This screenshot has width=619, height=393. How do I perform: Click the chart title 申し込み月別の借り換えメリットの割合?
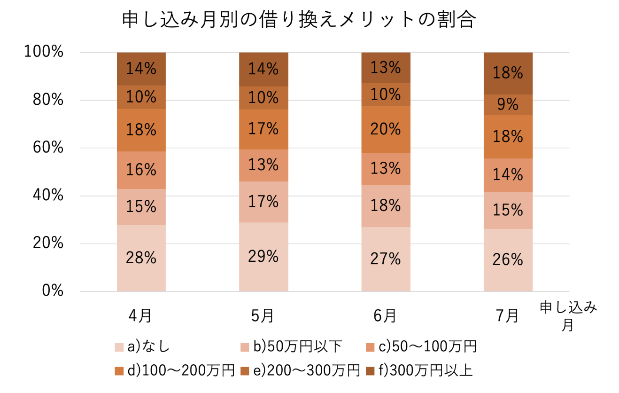(299, 20)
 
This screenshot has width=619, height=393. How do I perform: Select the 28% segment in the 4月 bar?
(141, 258)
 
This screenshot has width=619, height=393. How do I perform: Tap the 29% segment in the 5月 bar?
(263, 257)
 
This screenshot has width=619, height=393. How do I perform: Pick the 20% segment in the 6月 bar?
(386, 129)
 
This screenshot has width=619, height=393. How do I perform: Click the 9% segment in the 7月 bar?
(508, 104)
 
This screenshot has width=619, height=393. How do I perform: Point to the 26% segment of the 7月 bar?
(508, 259)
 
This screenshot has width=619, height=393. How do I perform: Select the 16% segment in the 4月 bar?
(141, 170)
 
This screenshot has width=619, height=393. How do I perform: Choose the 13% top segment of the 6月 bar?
(386, 68)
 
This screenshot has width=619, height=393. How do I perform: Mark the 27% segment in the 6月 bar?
(386, 259)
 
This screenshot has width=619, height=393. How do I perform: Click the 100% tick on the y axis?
(44, 52)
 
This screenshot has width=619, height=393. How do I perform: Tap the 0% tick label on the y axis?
(52, 291)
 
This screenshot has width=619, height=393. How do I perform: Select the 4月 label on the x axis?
(140, 315)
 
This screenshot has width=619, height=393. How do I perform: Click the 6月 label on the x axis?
(385, 315)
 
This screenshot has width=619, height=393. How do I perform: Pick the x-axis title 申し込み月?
(568, 316)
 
